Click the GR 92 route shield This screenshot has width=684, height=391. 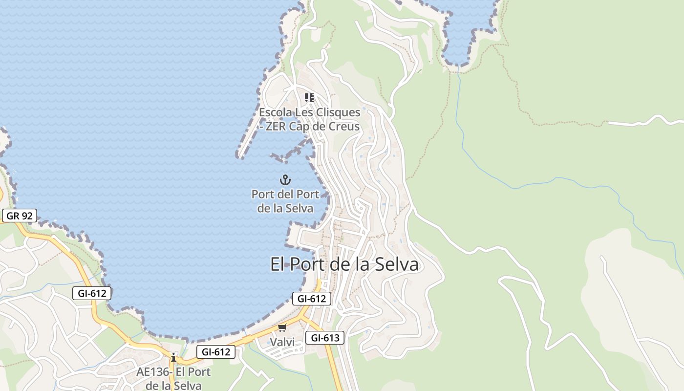click(x=19, y=216)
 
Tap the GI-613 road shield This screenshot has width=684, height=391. click(x=325, y=338)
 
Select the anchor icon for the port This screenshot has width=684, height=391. click(x=285, y=180)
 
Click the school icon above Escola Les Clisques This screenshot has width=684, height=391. click(x=309, y=98)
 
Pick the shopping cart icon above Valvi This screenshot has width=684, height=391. click(x=282, y=328)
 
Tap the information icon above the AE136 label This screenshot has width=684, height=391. click(x=173, y=357)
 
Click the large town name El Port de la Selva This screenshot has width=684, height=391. click(x=344, y=264)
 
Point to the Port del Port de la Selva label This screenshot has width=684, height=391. click(x=285, y=201)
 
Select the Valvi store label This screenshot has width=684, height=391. click(x=282, y=342)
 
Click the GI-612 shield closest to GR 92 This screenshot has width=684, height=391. click(x=92, y=293)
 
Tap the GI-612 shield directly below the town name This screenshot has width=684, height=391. click(x=312, y=299)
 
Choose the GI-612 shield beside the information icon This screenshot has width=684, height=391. click(x=216, y=351)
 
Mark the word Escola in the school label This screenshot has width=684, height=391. click(x=275, y=112)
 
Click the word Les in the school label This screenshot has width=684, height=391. click(x=304, y=112)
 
